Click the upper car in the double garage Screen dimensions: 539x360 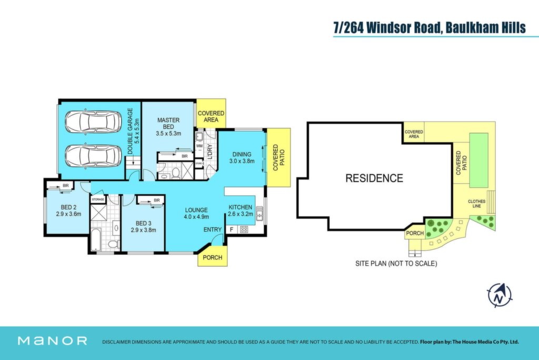[x=93, y=122]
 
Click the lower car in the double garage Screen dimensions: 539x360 [x=93, y=156]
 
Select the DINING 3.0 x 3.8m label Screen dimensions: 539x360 [x=242, y=157]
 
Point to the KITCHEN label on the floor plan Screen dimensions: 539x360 [x=240, y=207]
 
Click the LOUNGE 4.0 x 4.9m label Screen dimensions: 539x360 [x=196, y=213]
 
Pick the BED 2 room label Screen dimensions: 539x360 [x=68, y=211]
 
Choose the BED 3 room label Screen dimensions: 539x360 [x=143, y=226]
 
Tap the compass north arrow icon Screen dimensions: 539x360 [x=500, y=295]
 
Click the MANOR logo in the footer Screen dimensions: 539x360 [x=52, y=341]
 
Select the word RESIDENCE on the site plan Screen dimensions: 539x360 [x=374, y=178]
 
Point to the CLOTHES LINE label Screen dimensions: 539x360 [x=476, y=204]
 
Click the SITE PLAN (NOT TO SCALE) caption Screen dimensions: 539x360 [x=396, y=264]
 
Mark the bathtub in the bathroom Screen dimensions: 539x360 [x=96, y=239]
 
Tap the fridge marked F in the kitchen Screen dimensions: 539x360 [x=232, y=229]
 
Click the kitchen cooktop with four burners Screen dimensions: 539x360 [x=244, y=229]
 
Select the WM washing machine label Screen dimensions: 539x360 [x=199, y=146]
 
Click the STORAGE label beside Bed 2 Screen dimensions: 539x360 [x=98, y=199]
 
